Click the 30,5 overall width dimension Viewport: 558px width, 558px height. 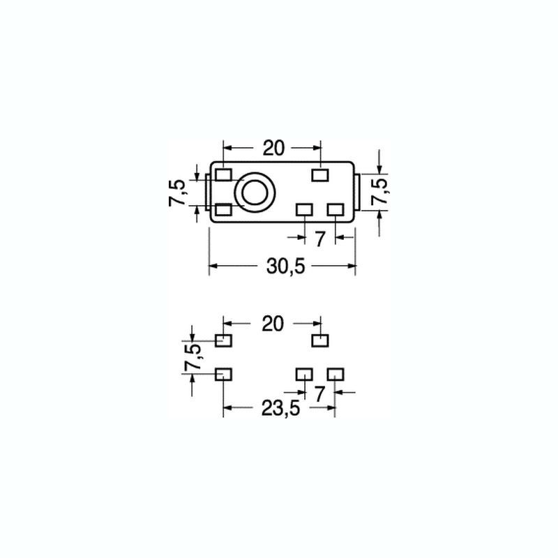coord(285,266)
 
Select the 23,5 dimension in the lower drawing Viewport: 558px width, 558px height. coord(281,408)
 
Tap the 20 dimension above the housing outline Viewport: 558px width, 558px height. coord(273,148)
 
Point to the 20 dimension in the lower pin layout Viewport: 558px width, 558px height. coord(273,324)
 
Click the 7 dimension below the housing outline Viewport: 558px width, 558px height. coord(320,239)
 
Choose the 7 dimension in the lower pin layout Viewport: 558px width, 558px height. coord(320,394)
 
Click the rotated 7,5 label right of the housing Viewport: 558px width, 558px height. coord(379,192)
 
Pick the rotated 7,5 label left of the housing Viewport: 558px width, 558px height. coord(177,193)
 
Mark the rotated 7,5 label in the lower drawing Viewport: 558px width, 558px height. coord(194,356)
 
